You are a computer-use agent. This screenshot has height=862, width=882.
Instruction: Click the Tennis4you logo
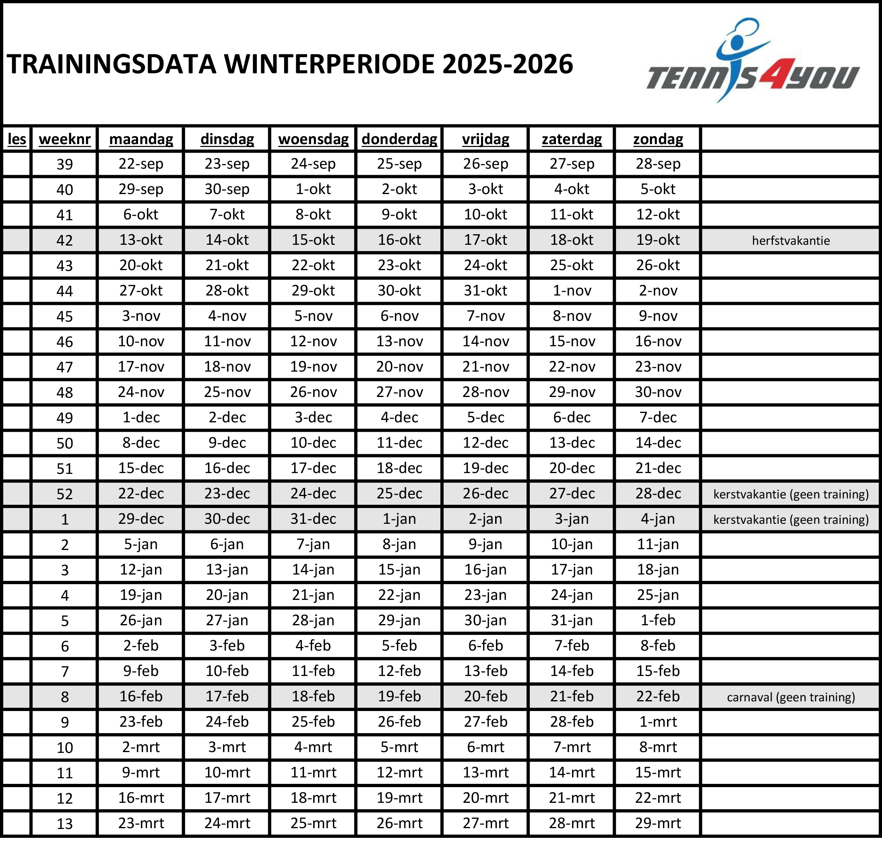(752, 63)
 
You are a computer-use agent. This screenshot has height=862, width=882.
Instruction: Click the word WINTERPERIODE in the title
(329, 64)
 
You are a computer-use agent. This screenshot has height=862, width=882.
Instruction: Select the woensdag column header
(313, 139)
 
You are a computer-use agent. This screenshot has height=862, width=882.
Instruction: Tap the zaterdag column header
(572, 139)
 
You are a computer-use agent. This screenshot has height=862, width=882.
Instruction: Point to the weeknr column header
(65, 139)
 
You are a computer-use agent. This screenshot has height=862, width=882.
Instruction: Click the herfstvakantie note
(791, 240)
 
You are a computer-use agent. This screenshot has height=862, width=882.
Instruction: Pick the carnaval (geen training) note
(791, 697)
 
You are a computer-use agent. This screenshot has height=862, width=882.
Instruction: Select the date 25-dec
(399, 494)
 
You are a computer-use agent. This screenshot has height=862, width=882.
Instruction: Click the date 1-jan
(399, 519)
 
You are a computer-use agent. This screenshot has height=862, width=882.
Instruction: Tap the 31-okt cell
(485, 291)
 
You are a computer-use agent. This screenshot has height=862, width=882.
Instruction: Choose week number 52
(65, 494)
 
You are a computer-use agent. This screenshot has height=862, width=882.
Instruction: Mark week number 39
(65, 164)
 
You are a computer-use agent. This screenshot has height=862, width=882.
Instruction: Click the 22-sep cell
(141, 164)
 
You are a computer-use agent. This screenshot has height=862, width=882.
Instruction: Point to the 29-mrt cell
(658, 823)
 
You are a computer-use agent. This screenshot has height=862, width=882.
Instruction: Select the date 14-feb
(572, 671)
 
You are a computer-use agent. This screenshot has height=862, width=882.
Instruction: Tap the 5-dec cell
(485, 418)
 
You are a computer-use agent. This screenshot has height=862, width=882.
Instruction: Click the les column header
(17, 139)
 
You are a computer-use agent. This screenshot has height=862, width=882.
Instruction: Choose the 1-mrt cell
(658, 721)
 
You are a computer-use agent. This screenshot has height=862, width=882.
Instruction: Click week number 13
(65, 823)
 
